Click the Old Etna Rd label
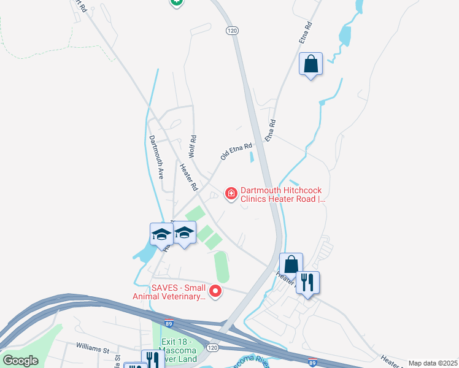[x=236, y=152]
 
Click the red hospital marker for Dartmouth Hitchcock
[x=231, y=194]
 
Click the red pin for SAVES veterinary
[x=215, y=291]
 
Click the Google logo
[x=20, y=361]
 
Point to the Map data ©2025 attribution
[x=433, y=363]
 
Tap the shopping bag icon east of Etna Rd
[x=310, y=64]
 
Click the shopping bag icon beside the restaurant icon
[x=291, y=264]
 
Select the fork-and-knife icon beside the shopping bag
[x=308, y=283]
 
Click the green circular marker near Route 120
[x=176, y=2]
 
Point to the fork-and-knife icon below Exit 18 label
[x=152, y=359]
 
